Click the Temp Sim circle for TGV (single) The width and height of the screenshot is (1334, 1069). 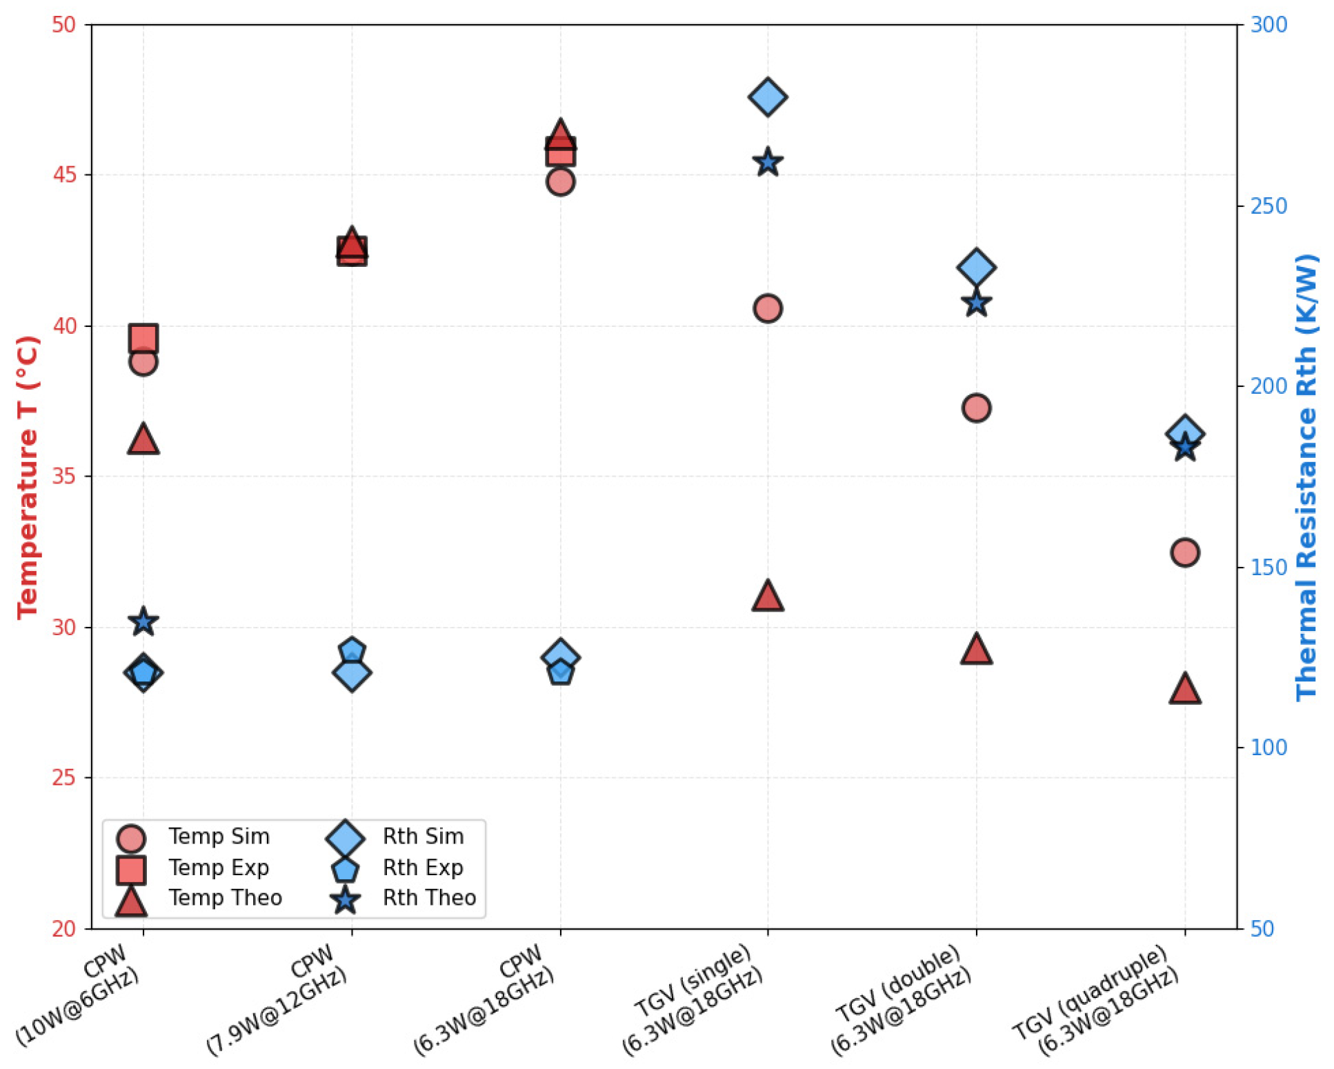[767, 308]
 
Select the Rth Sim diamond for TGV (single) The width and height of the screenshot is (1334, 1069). [768, 97]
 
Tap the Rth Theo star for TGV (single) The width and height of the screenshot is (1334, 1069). [768, 163]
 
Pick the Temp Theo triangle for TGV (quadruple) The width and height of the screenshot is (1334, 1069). [1184, 689]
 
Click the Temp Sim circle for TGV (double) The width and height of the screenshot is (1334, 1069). [975, 408]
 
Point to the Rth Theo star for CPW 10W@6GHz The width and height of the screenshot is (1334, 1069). [143, 622]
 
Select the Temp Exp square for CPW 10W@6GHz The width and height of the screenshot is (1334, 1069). [143, 339]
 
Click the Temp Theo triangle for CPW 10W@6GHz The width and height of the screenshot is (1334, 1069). [143, 439]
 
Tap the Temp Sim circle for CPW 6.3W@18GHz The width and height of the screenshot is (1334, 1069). [560, 181]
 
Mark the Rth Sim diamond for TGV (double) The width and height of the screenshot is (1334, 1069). [975, 267]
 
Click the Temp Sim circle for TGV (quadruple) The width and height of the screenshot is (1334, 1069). [1184, 552]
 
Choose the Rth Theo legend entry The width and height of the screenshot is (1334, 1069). [404, 898]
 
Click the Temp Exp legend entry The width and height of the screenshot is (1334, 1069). [192, 868]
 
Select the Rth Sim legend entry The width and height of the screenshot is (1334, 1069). [396, 837]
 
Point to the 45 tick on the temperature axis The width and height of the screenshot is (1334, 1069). [64, 174]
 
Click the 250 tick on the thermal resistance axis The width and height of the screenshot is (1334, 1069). [1268, 206]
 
